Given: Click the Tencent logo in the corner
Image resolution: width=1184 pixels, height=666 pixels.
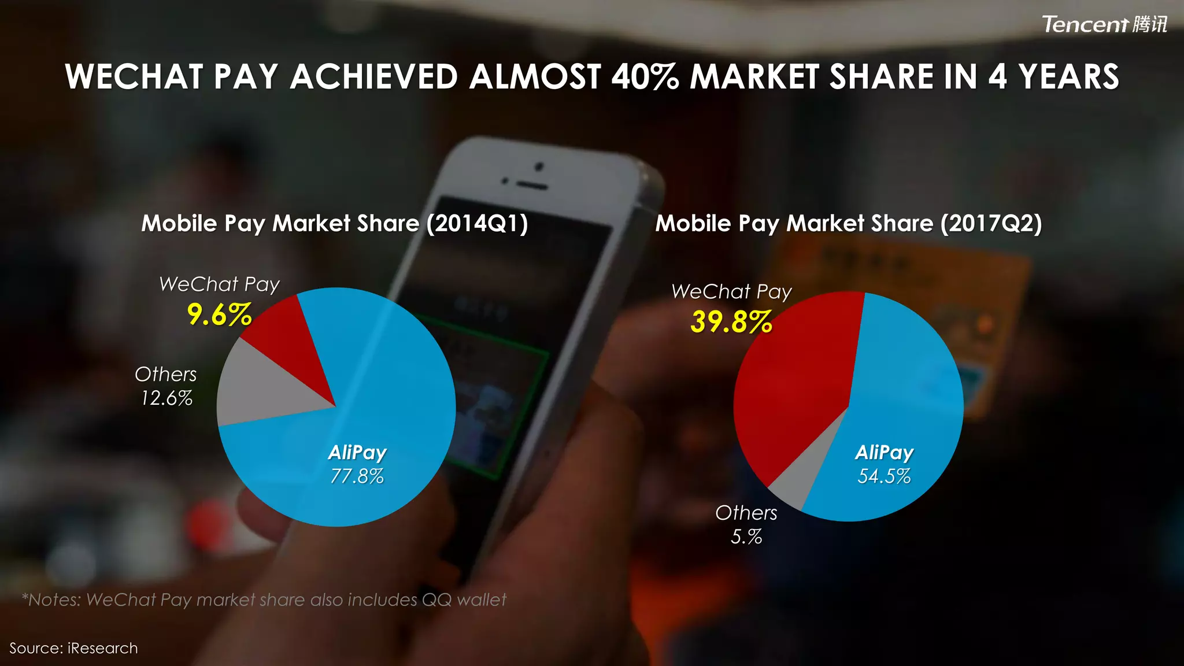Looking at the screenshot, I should (1104, 24).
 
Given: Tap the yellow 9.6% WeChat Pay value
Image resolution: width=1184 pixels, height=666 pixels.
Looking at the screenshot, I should (219, 315).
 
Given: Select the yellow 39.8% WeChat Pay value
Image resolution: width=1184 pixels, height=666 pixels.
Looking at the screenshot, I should (731, 322).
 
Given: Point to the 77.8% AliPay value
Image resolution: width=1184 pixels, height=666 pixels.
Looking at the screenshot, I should (357, 476).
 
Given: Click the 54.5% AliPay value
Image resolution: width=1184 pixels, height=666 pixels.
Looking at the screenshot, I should (884, 476).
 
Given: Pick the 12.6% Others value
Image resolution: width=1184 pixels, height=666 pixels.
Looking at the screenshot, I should (166, 398).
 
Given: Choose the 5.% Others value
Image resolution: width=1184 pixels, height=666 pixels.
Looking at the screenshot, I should (746, 537).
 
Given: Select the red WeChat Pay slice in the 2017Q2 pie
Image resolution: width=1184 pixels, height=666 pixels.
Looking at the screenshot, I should (798, 382).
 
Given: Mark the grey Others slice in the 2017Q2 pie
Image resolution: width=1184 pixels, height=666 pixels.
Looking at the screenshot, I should (804, 474).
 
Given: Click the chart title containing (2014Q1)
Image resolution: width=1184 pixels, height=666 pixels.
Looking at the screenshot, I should (335, 224).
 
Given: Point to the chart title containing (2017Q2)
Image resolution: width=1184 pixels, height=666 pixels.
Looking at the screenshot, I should (849, 224).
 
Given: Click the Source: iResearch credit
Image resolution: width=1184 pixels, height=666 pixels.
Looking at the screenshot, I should (73, 648).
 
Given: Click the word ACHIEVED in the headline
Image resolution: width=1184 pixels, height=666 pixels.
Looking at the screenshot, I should (373, 77).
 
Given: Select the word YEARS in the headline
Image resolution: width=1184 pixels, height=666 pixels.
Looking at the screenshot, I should (1068, 77).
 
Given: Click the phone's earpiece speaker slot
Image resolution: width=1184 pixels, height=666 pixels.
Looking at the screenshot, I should (531, 187).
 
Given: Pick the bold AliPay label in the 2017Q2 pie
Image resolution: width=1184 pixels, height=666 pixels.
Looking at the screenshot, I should (884, 452).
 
